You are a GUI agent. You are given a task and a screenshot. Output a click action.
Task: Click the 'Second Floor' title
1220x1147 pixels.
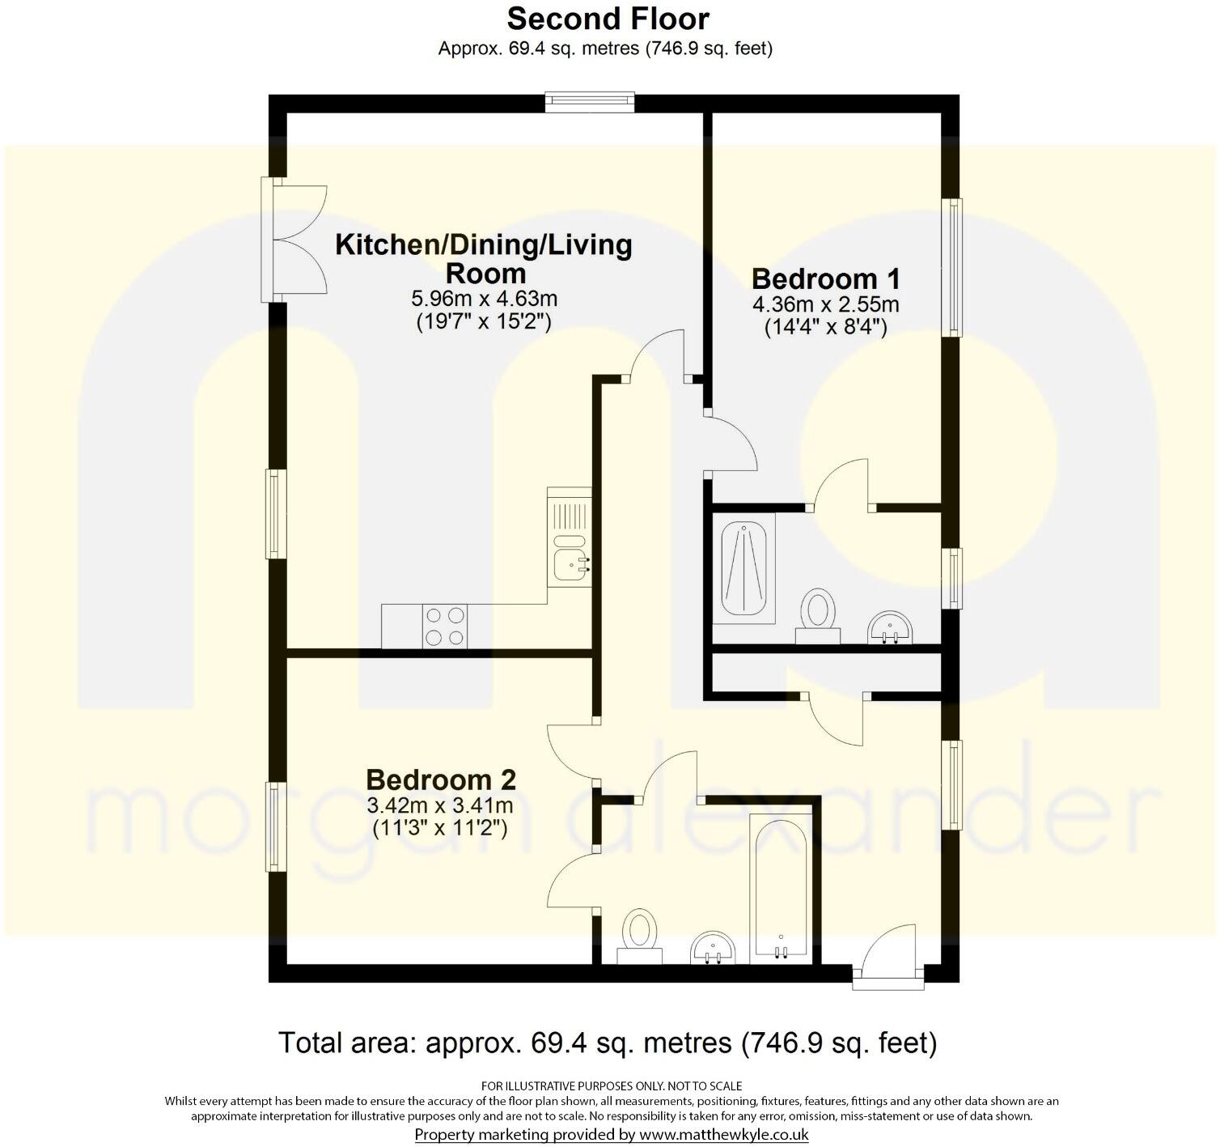click(x=608, y=18)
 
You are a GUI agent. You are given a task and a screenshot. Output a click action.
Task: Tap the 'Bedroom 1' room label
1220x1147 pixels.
click(x=825, y=279)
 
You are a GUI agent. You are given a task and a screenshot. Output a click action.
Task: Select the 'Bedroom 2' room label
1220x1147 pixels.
click(x=440, y=780)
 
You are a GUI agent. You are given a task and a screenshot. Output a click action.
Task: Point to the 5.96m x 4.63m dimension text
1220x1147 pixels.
click(x=484, y=299)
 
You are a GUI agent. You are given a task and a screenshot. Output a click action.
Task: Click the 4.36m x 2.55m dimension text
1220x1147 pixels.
click(x=825, y=305)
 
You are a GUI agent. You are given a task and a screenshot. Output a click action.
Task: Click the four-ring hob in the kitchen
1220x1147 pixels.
click(x=444, y=627)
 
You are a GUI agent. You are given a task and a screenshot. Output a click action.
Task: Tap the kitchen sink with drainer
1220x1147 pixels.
click(x=570, y=537)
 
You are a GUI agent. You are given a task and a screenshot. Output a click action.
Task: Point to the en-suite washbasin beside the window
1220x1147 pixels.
click(x=890, y=628)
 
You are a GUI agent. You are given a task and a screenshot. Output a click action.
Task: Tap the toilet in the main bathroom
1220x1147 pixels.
click(x=640, y=936)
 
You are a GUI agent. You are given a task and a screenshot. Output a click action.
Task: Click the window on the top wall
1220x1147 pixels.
click(x=588, y=100)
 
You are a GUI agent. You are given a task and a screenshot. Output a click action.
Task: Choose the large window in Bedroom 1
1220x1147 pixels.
click(x=955, y=267)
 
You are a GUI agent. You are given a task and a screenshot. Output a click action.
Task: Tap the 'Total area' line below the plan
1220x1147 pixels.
click(x=608, y=1043)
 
